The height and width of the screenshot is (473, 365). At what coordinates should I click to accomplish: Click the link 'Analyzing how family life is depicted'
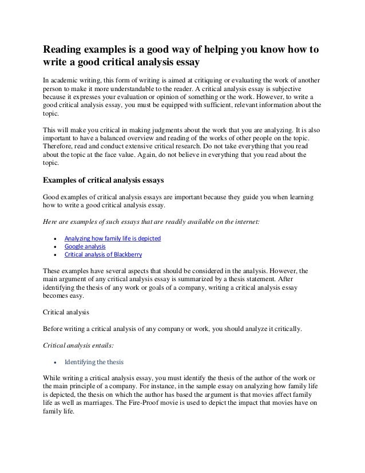pos(112,238)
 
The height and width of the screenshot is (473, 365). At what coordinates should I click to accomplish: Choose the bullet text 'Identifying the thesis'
pos(93,362)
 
